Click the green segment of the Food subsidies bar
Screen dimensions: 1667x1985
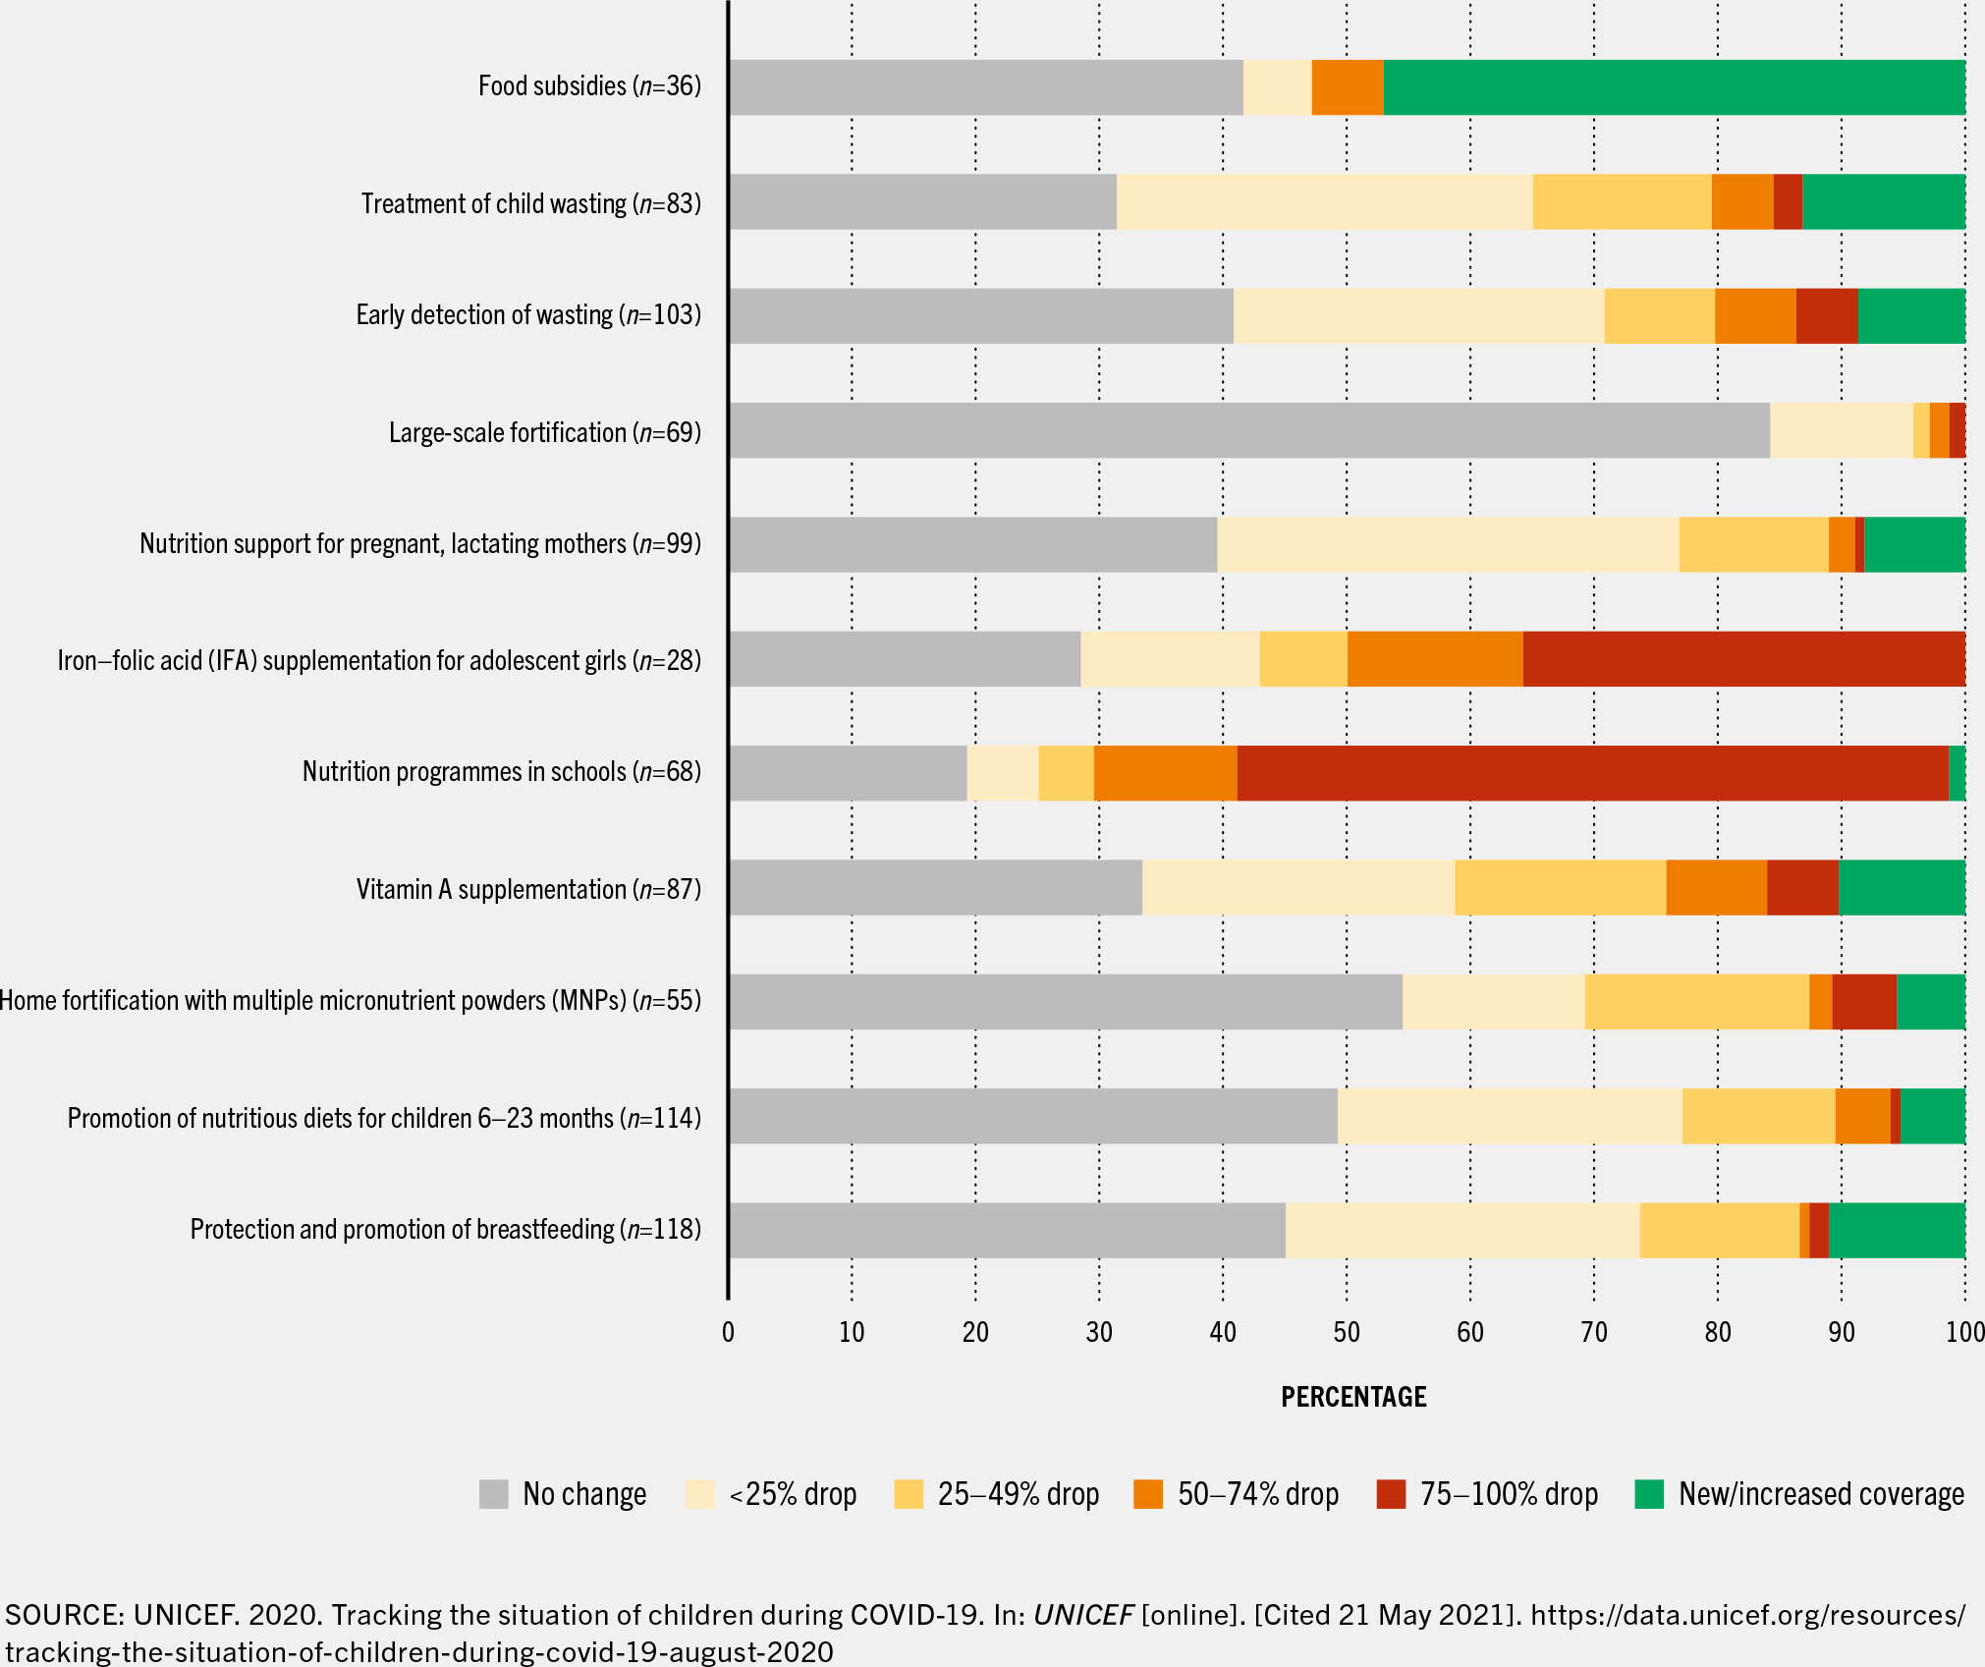click(x=1674, y=87)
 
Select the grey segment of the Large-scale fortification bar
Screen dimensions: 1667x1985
click(x=1248, y=430)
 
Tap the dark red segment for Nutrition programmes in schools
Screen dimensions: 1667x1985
click(x=1592, y=773)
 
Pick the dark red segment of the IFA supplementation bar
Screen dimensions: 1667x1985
click(x=1743, y=659)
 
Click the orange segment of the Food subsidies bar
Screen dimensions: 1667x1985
click(x=1347, y=87)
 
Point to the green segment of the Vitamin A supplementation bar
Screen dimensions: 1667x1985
click(x=1902, y=888)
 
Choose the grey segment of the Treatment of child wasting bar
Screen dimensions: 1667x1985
click(x=922, y=202)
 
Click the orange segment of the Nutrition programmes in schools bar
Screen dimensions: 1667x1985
click(x=1165, y=773)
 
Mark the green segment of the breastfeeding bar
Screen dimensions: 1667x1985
click(x=1897, y=1230)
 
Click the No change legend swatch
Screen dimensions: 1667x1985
click(x=493, y=1494)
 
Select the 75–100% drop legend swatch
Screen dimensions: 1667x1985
click(x=1391, y=1494)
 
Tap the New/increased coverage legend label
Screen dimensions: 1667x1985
click(x=1821, y=1494)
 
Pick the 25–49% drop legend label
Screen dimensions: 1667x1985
click(x=1018, y=1494)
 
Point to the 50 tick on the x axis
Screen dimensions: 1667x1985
click(x=1346, y=1332)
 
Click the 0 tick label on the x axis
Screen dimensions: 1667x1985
click(x=728, y=1332)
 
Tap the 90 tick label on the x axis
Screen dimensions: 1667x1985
click(x=1841, y=1332)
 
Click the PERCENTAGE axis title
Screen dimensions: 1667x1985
click(x=1353, y=1397)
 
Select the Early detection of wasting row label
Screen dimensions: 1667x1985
click(x=528, y=315)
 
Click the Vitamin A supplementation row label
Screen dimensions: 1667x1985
click(x=528, y=889)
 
